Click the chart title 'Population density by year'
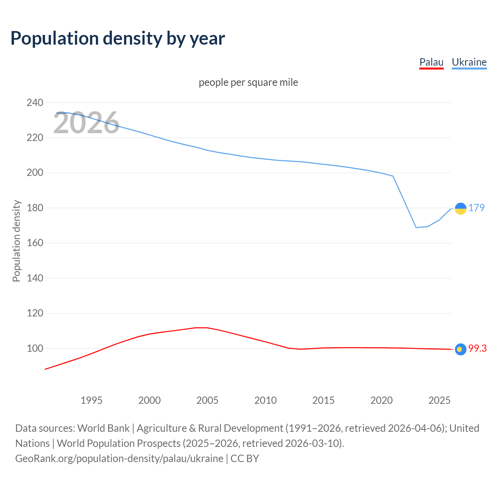(118, 38)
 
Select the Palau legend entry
(431, 62)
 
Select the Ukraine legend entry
(469, 62)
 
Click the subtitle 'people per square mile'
(248, 83)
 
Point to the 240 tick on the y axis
(35, 103)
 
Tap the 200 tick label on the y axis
(35, 173)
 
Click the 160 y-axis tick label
(35, 243)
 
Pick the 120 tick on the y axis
(35, 313)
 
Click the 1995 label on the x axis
(91, 400)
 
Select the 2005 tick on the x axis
(207, 400)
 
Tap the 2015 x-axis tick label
(323, 400)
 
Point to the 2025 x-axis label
(440, 400)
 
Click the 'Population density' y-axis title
(16, 241)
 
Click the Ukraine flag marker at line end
(461, 209)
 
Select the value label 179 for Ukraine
(476, 208)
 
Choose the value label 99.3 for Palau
(477, 349)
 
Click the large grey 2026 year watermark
(86, 123)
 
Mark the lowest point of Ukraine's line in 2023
(416, 227)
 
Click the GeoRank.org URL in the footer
(119, 459)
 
